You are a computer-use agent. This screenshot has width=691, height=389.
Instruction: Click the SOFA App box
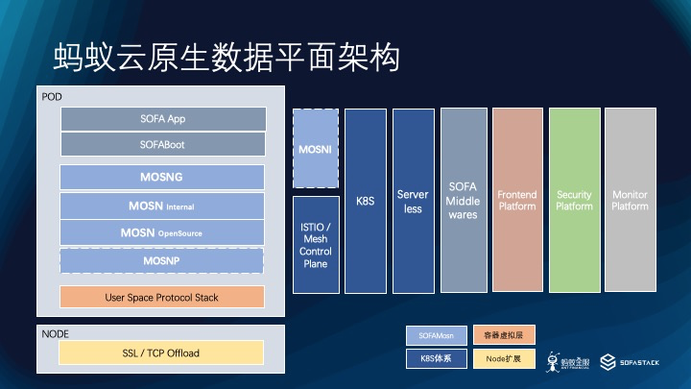click(162, 119)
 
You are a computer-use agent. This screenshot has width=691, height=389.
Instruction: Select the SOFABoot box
click(162, 144)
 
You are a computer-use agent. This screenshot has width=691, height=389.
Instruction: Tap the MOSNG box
click(161, 177)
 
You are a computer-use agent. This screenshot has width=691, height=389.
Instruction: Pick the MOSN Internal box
click(161, 206)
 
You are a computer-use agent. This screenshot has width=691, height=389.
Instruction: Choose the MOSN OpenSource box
click(161, 232)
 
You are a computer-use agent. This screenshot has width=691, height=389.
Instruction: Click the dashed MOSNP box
click(161, 260)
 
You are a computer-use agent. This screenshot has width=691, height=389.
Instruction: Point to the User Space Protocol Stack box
click(161, 298)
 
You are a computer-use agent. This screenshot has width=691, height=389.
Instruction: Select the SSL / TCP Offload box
click(161, 353)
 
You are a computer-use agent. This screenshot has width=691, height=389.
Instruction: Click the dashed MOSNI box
click(315, 149)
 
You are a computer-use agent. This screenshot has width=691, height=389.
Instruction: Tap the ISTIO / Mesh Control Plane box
click(316, 244)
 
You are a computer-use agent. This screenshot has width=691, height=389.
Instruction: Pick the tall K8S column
click(366, 200)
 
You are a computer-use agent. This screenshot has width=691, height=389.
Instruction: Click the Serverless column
click(413, 200)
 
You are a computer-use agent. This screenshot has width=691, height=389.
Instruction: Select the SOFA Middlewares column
click(463, 200)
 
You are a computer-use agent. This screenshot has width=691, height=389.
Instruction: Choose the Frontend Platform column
click(517, 200)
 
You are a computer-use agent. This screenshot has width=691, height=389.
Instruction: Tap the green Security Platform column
click(574, 200)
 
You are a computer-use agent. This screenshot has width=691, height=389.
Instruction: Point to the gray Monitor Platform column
click(630, 200)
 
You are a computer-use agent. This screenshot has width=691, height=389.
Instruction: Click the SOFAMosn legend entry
click(436, 335)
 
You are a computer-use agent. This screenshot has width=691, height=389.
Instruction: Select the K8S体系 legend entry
click(436, 358)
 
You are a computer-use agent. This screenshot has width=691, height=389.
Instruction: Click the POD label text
click(52, 97)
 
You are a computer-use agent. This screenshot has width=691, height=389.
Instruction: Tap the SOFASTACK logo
click(629, 362)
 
